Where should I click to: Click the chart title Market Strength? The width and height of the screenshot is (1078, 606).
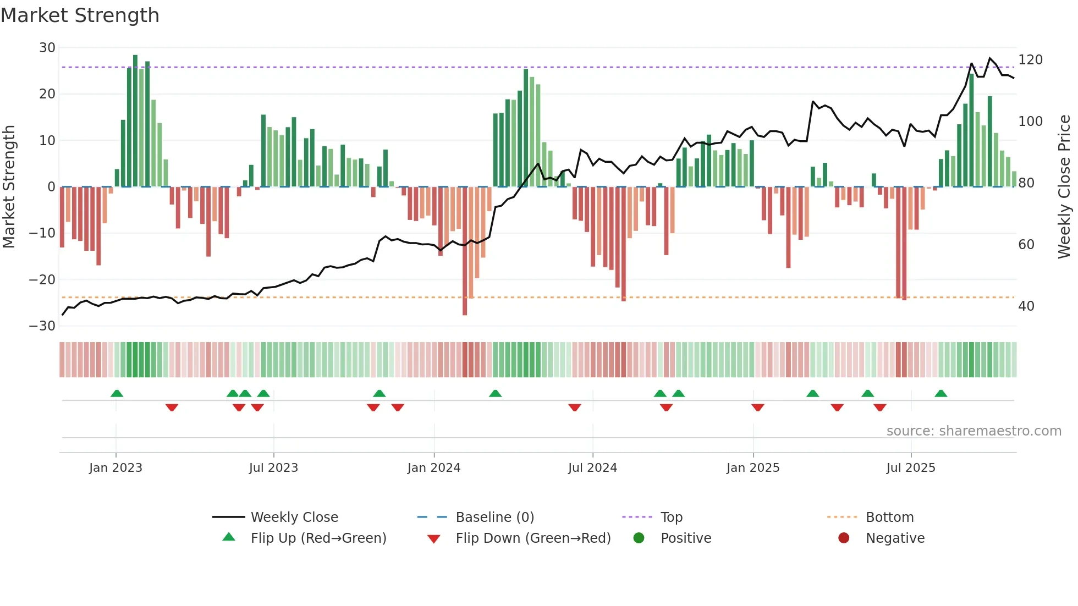coord(80,15)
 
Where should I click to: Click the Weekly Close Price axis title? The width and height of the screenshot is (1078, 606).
coord(1064,187)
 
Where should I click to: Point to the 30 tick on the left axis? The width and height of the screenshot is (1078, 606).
coord(47,48)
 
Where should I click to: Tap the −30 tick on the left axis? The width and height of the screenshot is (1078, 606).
coord(43,326)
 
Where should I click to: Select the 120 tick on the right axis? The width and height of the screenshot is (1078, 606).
coord(1030,60)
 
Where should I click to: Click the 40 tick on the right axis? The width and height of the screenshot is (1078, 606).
coord(1026,306)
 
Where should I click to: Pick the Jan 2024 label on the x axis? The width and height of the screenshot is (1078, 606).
coord(434,468)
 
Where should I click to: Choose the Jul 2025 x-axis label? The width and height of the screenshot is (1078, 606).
coord(911,468)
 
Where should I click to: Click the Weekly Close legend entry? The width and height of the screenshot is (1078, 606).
coord(294,517)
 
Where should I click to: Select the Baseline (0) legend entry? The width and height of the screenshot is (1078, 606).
coord(494,517)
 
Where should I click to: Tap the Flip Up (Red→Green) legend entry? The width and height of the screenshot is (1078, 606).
coord(318,538)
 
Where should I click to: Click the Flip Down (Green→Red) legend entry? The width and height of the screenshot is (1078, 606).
coord(533,538)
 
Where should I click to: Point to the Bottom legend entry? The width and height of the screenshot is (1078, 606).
coord(889,517)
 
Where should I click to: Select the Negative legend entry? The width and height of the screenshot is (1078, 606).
coord(895,538)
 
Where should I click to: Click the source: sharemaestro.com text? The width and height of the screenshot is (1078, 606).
coord(974,431)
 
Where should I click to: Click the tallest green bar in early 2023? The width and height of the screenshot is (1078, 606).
coord(135,121)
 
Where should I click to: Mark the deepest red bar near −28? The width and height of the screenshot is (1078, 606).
coord(465,251)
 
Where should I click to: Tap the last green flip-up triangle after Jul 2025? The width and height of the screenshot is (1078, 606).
coord(941,394)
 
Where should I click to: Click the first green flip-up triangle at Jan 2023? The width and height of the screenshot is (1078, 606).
coord(117,394)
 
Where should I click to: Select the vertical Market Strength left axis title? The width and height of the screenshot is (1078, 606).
coord(9,187)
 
